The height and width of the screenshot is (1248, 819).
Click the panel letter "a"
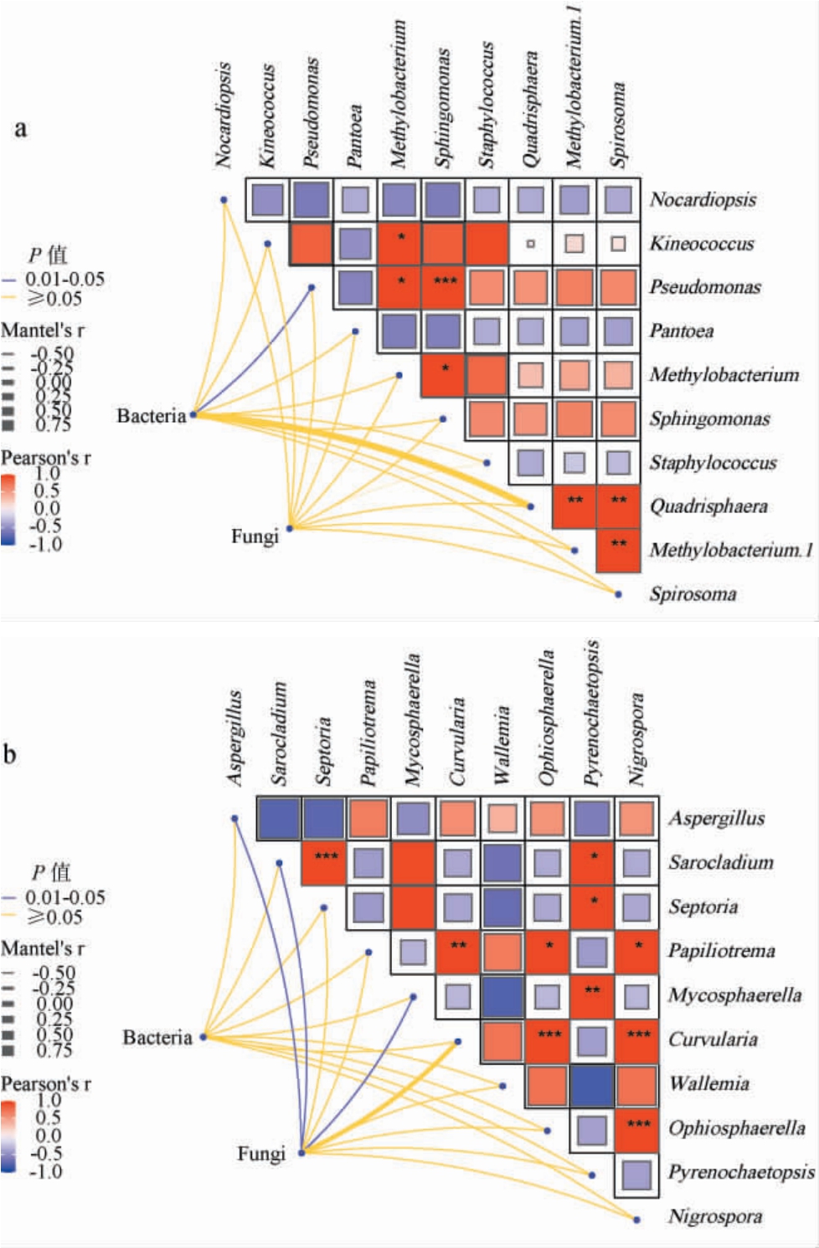20,128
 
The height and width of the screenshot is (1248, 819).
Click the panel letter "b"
9,754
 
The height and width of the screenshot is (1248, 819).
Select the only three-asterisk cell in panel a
445,287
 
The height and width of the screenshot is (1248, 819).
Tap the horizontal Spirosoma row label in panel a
693,594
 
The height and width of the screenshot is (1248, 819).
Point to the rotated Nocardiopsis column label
223,116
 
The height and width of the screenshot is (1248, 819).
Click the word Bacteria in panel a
151,416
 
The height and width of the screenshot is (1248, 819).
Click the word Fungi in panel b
260,1154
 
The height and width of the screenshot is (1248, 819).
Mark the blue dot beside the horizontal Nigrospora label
636,1220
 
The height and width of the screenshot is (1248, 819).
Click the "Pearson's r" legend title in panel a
46,458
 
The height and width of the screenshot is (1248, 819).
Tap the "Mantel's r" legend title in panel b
43,948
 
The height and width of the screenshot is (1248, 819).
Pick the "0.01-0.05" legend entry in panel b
64,897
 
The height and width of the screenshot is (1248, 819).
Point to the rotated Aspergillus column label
235,737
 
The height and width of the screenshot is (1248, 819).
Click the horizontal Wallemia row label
708,1084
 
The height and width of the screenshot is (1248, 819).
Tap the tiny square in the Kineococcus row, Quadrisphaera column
530,244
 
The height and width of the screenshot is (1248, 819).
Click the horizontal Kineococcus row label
702,244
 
